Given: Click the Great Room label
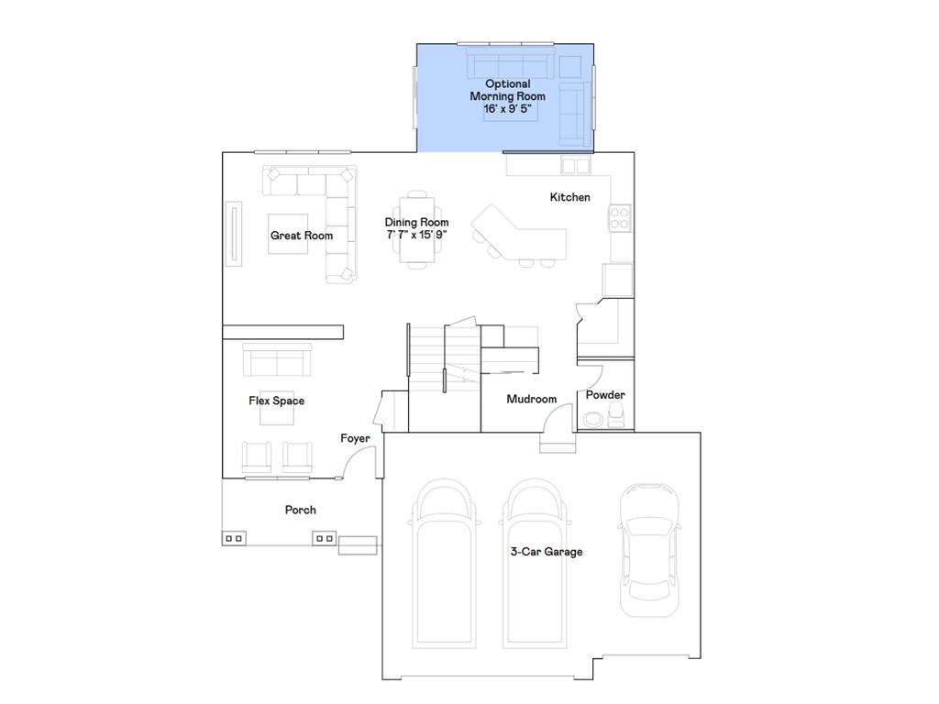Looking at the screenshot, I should click(x=301, y=236).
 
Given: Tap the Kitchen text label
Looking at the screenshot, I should click(x=569, y=197).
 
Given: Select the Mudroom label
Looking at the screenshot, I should click(x=532, y=399).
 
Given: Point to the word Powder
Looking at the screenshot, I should click(x=605, y=395).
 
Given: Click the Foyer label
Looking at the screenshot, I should click(x=355, y=438).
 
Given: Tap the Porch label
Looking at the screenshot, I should click(x=300, y=510).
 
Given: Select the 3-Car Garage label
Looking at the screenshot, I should click(x=547, y=552).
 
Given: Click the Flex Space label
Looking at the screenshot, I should click(x=276, y=401).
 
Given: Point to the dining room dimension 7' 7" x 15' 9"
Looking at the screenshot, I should click(x=416, y=235).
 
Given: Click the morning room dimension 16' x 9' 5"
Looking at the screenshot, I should click(x=507, y=108).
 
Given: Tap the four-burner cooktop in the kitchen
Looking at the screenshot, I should click(x=619, y=217).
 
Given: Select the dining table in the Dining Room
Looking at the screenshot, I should click(x=417, y=229).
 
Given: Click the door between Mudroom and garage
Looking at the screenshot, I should click(x=556, y=424).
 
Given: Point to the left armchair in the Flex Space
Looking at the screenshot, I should click(x=258, y=457).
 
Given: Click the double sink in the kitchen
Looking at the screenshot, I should click(x=576, y=165).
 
